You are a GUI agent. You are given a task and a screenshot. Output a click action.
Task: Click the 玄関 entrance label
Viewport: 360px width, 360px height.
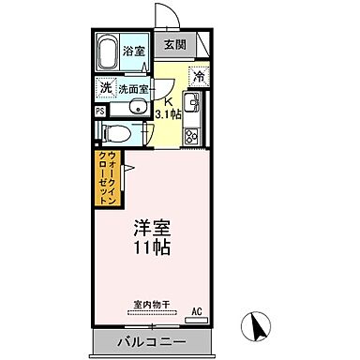[174, 44]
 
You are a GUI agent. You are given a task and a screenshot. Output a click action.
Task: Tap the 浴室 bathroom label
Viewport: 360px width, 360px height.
[134, 52]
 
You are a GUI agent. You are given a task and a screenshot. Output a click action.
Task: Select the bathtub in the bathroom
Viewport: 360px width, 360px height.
[109, 52]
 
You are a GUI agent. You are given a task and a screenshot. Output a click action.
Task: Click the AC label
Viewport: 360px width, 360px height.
[197, 309]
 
